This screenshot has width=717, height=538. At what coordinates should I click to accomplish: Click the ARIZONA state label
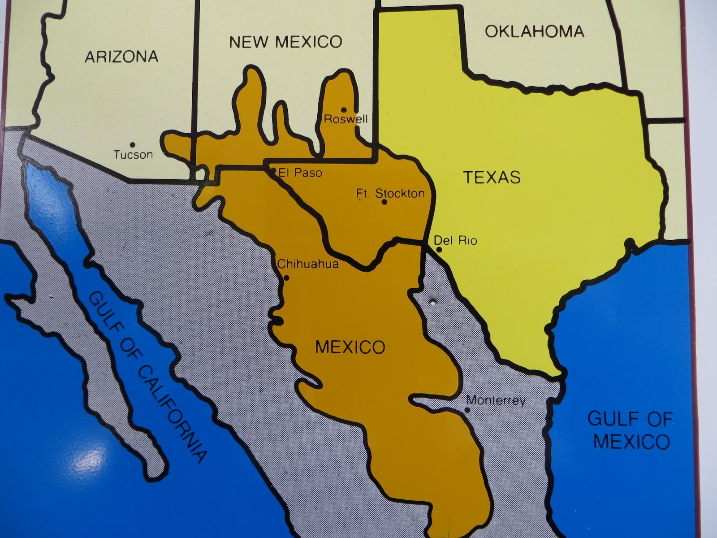point(121,56)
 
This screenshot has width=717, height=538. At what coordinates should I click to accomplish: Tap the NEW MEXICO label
point(285,42)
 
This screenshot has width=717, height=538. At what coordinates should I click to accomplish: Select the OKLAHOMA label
point(535,31)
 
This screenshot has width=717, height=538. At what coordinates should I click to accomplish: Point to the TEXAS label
point(492,178)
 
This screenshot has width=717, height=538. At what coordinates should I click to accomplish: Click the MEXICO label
point(350,347)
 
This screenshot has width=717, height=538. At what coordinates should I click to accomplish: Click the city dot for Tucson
point(132,144)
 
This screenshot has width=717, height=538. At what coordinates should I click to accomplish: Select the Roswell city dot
point(344,109)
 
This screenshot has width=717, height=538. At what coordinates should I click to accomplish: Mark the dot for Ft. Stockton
point(384,202)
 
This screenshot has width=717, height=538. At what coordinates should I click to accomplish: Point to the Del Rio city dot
point(439,250)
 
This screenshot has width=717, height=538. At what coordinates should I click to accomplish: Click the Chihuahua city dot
point(287,278)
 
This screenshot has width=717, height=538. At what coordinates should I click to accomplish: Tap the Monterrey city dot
point(467,410)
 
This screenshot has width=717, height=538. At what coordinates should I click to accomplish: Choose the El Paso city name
point(300,173)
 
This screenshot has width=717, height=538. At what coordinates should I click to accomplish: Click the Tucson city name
point(133,155)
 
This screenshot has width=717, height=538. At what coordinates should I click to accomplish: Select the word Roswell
point(346,119)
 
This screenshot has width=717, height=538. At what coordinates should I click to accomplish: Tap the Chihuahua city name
point(308,265)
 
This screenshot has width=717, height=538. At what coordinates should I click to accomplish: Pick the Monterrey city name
point(495,400)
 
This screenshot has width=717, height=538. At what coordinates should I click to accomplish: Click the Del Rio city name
point(455,241)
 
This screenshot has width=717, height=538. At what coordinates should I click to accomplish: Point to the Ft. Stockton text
point(390,193)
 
